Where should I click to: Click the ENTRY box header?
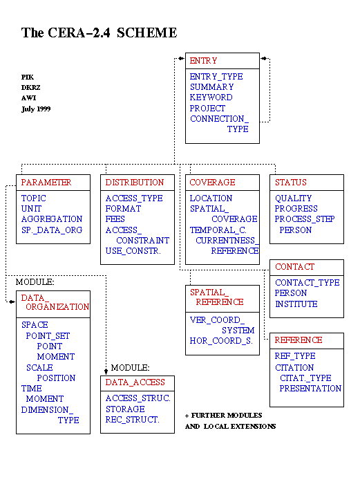(x=203, y=61)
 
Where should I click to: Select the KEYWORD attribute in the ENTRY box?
(x=211, y=98)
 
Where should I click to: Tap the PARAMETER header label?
(x=46, y=183)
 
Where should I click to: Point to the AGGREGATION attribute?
(x=52, y=219)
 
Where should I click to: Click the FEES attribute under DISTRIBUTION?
(x=115, y=219)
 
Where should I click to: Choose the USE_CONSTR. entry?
(x=133, y=251)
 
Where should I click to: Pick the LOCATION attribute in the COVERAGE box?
(x=211, y=198)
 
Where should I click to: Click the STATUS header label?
(x=291, y=183)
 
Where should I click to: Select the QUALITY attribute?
(x=294, y=198)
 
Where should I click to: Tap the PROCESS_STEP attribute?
(x=305, y=219)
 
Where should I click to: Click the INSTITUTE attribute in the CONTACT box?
(x=296, y=304)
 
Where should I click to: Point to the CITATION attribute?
(x=294, y=368)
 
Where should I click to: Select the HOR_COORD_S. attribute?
(x=222, y=341)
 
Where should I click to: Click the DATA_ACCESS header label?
(x=135, y=382)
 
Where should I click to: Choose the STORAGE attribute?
(x=125, y=409)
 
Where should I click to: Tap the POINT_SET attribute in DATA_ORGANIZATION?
(x=48, y=336)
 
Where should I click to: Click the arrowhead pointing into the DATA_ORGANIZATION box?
(x=12, y=302)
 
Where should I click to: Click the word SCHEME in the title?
(x=146, y=33)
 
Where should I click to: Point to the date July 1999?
(x=36, y=109)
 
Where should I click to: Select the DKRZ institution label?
(x=30, y=88)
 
